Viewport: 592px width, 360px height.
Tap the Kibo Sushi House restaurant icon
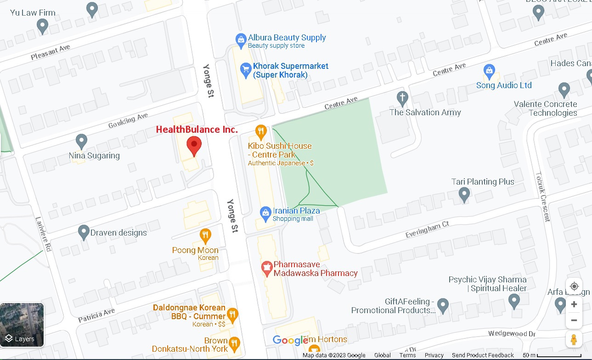click(261, 132)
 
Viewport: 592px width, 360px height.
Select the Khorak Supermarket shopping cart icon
click(246, 70)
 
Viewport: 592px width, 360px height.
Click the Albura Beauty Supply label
click(287, 38)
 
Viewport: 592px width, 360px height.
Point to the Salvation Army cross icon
click(402, 98)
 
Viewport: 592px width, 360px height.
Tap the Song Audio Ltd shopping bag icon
click(489, 71)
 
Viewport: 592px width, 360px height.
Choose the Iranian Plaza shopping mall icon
click(265, 213)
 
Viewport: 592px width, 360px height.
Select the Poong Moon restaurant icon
click(205, 236)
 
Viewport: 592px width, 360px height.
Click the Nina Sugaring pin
click(82, 141)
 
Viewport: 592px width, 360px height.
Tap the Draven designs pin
click(84, 232)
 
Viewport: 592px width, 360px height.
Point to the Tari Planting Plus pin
click(464, 195)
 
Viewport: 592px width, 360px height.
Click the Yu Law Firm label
click(33, 12)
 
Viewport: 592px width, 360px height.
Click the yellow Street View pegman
click(574, 339)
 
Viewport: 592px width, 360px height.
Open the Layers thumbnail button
click(22, 325)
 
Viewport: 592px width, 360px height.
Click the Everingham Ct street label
click(426, 229)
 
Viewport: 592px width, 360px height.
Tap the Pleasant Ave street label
click(51, 52)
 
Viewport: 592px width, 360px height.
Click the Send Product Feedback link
click(483, 355)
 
